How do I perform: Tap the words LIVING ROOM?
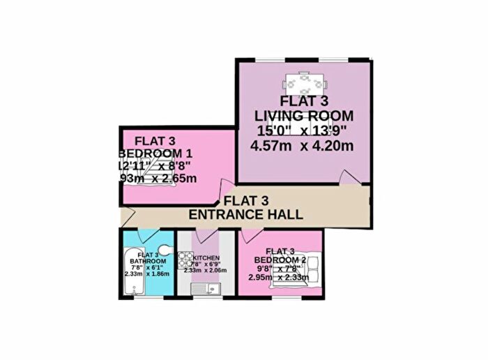click(x=303, y=115)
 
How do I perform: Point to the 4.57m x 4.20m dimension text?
click(x=303, y=146)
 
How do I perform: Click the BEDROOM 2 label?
click(x=283, y=259)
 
